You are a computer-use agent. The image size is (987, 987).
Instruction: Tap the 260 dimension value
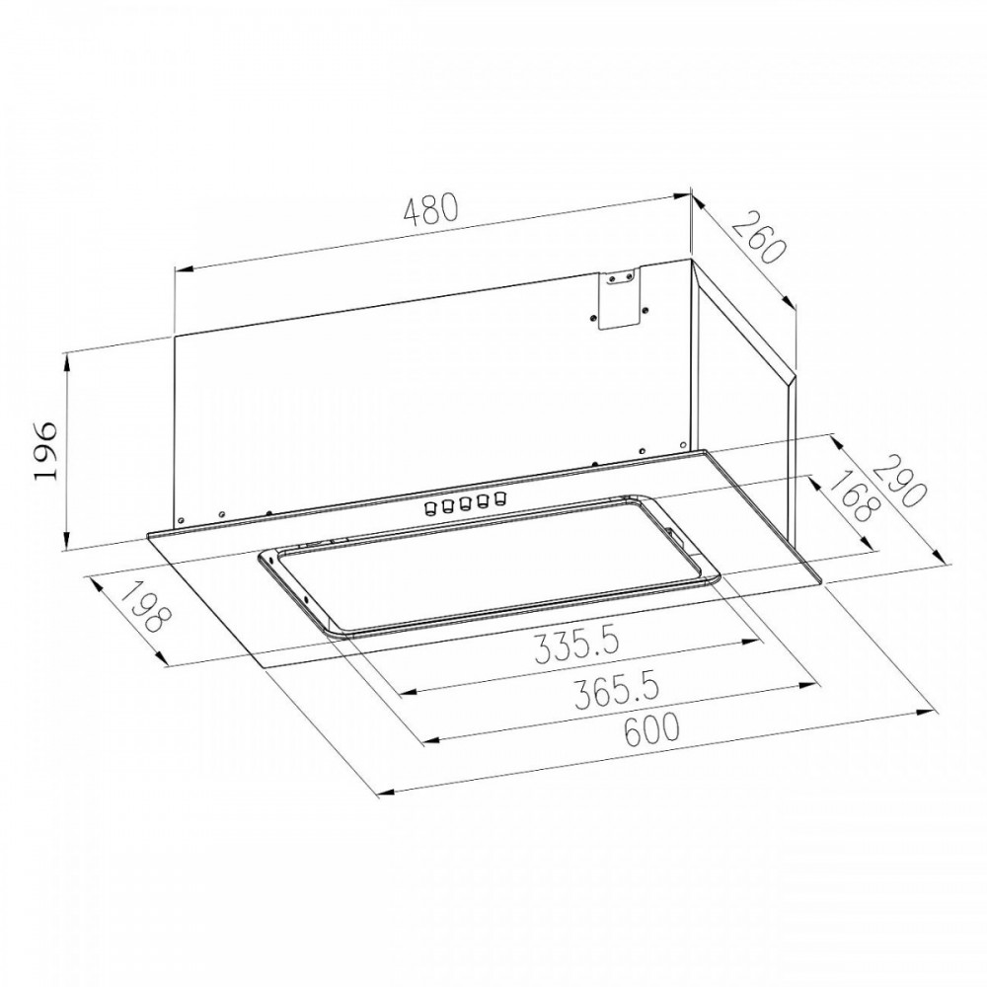(x=760, y=239)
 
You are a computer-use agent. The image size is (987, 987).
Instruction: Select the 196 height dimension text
(x=46, y=451)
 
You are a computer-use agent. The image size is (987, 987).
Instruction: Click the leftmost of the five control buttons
(x=431, y=507)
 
